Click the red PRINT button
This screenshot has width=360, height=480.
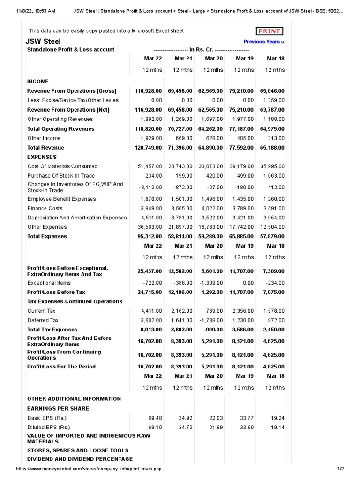270,31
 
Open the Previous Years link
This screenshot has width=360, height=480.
263,42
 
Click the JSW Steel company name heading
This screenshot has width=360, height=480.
43,41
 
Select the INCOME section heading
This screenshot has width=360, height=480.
38,81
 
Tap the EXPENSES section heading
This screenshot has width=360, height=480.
42,157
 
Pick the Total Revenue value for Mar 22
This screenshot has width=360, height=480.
149,148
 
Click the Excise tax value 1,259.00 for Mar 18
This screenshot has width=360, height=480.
273,100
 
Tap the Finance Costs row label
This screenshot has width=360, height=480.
45,208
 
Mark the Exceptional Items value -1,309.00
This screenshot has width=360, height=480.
210,283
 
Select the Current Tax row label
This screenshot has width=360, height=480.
41,311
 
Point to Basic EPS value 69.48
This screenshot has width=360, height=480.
155,418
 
